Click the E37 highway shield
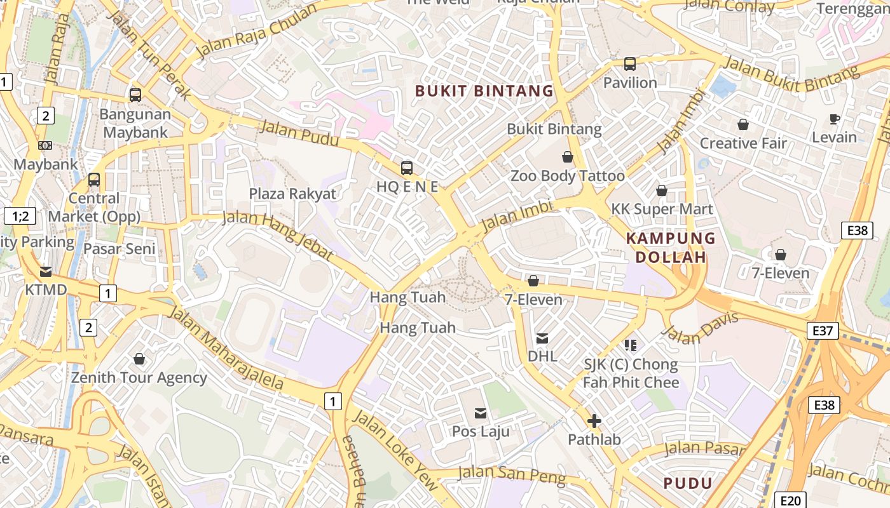[823, 331]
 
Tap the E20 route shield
[790, 500]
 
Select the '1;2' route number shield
[20, 216]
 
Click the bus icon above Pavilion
[630, 64]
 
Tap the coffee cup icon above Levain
[835, 119]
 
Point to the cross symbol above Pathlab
[594, 420]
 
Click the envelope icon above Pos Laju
[481, 413]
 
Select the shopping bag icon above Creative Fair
[743, 125]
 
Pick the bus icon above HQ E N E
[407, 168]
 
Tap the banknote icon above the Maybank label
[45, 145]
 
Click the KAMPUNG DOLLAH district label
[671, 248]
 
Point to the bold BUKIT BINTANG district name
[484, 91]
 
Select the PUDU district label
[688, 483]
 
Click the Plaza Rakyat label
[292, 194]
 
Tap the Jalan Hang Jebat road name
[278, 235]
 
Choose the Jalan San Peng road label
[511, 475]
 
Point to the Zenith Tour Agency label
[139, 378]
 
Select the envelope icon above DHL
[542, 338]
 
